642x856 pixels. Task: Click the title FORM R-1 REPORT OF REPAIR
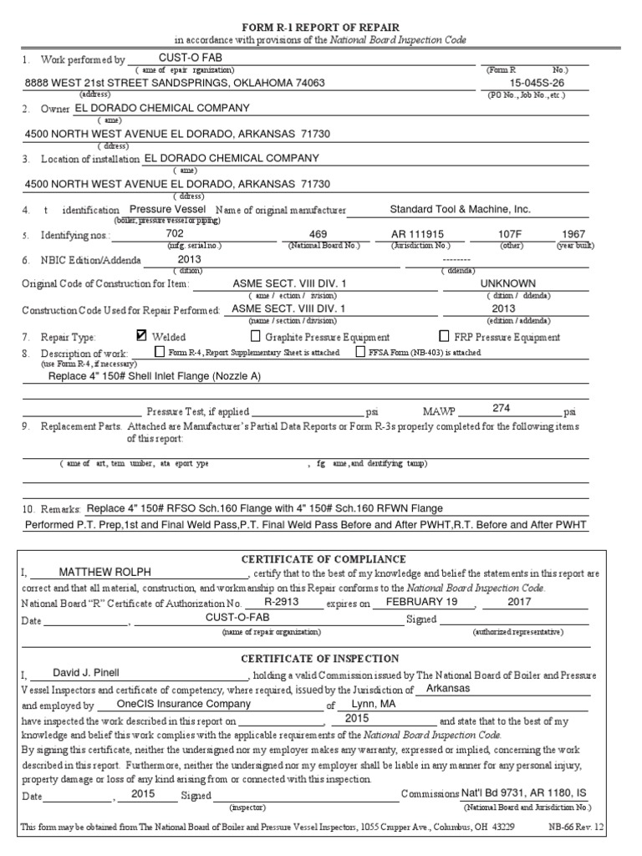click(x=321, y=27)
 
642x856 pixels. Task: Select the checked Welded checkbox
click(x=141, y=336)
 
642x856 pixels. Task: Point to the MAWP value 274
click(x=501, y=407)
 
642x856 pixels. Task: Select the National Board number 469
click(x=318, y=234)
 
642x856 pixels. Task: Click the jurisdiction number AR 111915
click(x=418, y=234)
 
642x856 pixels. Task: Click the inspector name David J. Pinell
click(x=86, y=672)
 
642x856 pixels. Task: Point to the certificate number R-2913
click(x=281, y=602)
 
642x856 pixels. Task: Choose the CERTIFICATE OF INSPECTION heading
click(x=321, y=659)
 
